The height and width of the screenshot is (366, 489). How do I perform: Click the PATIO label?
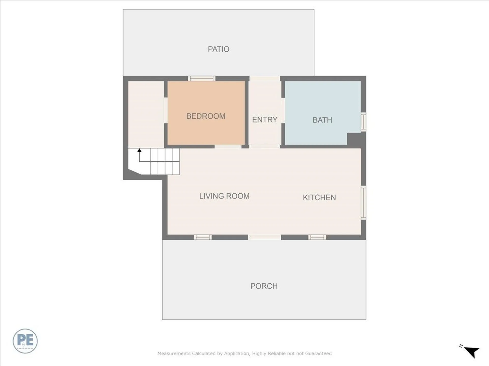tap(219, 49)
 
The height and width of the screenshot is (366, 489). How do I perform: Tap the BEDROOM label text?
tap(206, 116)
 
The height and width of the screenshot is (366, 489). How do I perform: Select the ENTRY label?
tap(265, 119)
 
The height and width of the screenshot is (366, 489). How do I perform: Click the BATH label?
tap(322, 120)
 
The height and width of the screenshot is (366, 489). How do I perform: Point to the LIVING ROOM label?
tap(224, 196)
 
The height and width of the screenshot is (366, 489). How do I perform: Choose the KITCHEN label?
tap(319, 197)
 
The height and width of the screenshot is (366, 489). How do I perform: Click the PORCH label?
tap(264, 286)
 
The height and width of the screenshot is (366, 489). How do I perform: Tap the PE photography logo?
tap(25, 341)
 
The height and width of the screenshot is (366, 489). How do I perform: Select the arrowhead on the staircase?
tap(139, 150)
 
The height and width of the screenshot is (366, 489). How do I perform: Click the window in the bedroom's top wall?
tap(202, 78)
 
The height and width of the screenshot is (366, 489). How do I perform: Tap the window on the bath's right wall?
tap(364, 122)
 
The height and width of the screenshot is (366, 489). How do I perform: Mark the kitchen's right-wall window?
tap(364, 203)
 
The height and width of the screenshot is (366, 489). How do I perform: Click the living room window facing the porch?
tap(203, 237)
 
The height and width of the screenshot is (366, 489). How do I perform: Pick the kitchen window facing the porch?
tap(317, 237)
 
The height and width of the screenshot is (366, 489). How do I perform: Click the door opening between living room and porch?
tap(265, 237)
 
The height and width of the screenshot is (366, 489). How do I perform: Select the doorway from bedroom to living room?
tap(228, 147)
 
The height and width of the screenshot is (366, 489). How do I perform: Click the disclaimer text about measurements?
tap(244, 353)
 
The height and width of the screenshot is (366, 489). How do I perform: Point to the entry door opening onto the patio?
tap(265, 78)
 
